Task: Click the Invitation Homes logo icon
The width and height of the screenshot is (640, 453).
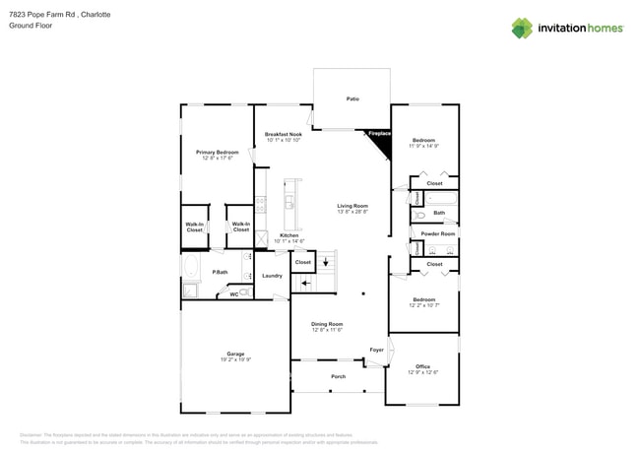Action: (x=522, y=29)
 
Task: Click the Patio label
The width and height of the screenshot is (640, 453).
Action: (x=352, y=99)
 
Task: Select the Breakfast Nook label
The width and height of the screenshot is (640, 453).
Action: (x=283, y=134)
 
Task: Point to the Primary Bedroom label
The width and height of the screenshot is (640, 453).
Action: (x=217, y=153)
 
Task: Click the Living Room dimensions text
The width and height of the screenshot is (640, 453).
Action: (x=352, y=212)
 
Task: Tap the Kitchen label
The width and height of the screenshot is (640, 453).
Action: (x=288, y=235)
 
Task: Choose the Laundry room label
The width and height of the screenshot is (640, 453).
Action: (x=272, y=276)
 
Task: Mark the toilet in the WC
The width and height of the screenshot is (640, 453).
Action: (x=243, y=292)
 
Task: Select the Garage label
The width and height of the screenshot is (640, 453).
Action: (x=235, y=354)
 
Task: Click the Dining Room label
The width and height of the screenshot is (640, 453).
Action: (x=327, y=324)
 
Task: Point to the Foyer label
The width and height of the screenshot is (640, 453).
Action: (x=376, y=350)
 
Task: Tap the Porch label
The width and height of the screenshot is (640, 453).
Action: (x=338, y=376)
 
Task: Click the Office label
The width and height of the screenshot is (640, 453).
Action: (x=422, y=366)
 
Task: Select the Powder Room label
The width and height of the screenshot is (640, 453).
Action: (x=438, y=233)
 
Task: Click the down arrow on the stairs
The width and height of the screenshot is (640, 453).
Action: (x=326, y=262)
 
